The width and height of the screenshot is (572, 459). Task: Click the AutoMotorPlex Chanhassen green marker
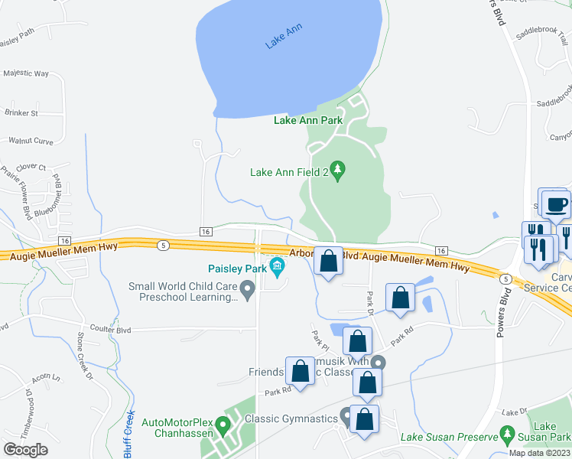pos(223,423)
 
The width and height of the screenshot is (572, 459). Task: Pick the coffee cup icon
pos(556,205)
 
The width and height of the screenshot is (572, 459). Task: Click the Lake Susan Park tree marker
pos(506,437)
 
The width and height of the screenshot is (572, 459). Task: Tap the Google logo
pos(26,450)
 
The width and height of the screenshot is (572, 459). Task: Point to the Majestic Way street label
pos(26,74)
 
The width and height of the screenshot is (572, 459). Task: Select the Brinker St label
pos(21,113)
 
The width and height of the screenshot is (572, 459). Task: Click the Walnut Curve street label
pos(31,141)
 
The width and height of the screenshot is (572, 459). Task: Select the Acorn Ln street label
pos(46,379)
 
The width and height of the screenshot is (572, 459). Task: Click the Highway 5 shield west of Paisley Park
pos(163,245)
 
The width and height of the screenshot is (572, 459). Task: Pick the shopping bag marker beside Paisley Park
pos(328,262)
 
